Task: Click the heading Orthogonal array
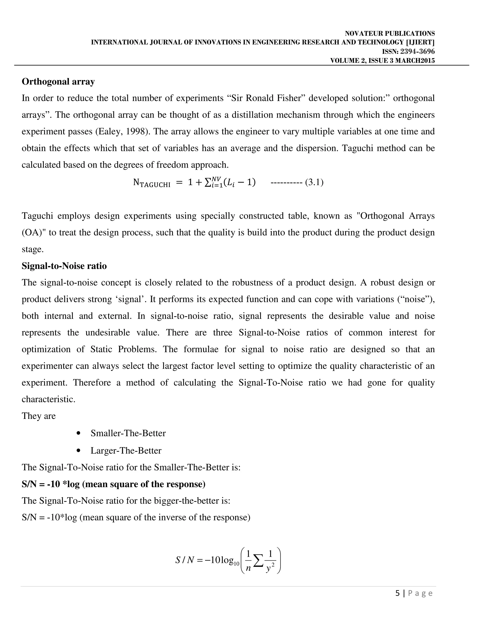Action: (58, 82)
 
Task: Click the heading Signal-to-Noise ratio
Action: (64, 266)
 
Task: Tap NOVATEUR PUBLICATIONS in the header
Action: (390, 34)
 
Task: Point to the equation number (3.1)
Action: (314, 182)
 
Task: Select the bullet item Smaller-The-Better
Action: (128, 433)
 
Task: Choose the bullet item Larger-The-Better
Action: (126, 450)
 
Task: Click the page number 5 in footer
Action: (397, 593)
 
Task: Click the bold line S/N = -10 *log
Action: (113, 484)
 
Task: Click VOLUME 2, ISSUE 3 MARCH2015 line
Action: (382, 60)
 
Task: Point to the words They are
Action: (39, 416)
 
